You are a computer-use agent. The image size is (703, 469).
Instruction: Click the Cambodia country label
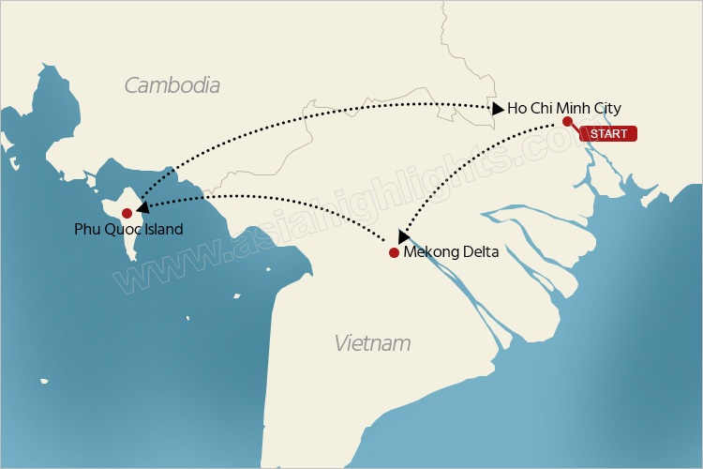click(172, 85)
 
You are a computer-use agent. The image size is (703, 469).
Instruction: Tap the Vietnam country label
click(372, 342)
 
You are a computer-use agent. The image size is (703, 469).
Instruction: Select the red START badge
click(609, 133)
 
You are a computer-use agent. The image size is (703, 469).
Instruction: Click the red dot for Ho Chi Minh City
click(567, 121)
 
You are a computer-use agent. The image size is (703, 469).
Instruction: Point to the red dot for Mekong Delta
click(394, 252)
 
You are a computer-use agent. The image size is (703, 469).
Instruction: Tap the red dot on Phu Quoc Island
click(127, 213)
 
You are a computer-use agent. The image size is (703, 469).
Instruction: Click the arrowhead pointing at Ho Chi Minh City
click(497, 109)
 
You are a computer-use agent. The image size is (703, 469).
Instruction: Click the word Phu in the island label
click(87, 229)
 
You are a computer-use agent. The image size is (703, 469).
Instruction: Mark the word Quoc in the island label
click(122, 229)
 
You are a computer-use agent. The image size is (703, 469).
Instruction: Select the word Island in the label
click(163, 229)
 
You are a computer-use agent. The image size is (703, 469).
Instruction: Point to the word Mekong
click(429, 252)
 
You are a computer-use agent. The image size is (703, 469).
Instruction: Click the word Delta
click(478, 252)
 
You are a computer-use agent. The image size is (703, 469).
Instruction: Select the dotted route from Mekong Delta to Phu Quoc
click(281, 198)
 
